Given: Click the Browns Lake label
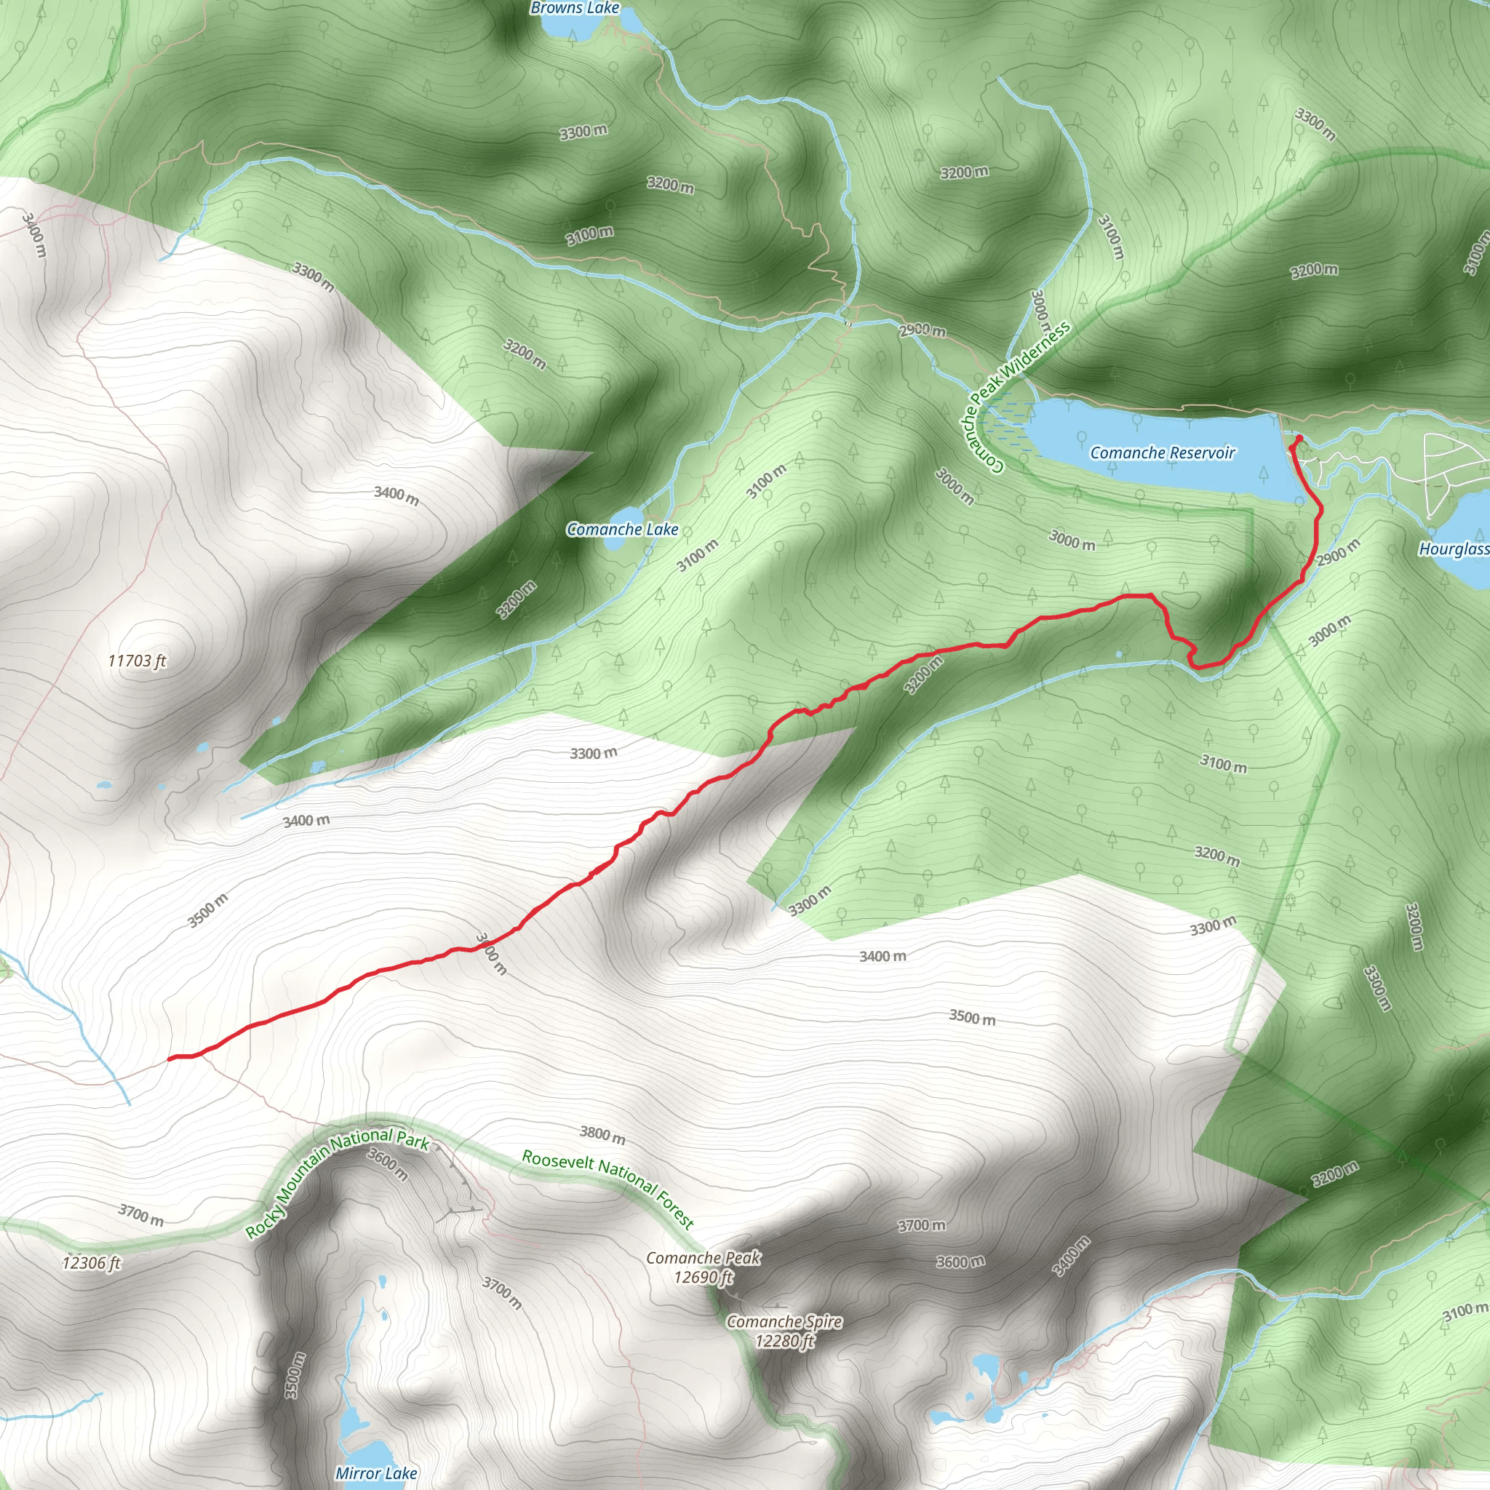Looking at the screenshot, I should (575, 9).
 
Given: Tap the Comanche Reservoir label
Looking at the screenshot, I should (1161, 453).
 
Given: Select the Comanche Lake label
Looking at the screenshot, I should (621, 529).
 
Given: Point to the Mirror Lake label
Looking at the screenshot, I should (375, 1473).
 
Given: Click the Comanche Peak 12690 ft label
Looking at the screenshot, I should (703, 1267).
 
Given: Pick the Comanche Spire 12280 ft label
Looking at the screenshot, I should (784, 1331).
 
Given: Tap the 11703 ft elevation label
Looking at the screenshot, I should (137, 661).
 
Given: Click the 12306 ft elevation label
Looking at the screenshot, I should (92, 1262).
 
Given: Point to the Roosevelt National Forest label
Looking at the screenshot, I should (608, 1187).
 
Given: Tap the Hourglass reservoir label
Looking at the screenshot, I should (1453, 549).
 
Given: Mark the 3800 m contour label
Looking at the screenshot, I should (602, 1134).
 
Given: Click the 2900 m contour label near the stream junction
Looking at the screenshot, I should (923, 331).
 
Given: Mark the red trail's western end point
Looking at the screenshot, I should (170, 1058).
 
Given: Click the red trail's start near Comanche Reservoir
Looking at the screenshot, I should (1299, 439).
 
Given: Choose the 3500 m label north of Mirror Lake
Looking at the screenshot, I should (295, 1375).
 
